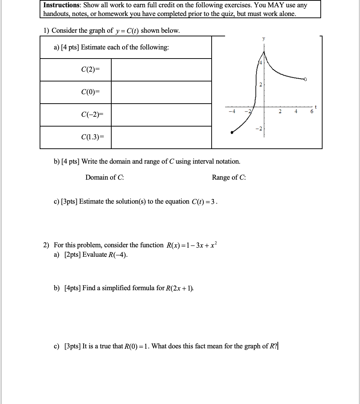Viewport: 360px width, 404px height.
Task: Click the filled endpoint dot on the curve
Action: [232, 133]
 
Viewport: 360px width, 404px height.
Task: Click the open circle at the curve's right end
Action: [305, 79]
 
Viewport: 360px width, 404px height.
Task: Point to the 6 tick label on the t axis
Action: [312, 112]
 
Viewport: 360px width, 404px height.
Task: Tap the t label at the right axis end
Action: [316, 107]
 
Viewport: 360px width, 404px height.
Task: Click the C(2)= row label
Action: [90, 70]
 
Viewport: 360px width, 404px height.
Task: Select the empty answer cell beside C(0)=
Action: [161, 92]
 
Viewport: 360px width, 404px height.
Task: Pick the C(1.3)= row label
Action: [92, 137]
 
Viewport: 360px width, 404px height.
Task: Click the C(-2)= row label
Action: [92, 115]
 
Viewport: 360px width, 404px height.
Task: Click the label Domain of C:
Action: [105, 177]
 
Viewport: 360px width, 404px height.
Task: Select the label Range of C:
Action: [229, 177]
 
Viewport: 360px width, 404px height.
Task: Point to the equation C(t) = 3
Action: [204, 202]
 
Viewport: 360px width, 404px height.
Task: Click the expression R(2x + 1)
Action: [180, 288]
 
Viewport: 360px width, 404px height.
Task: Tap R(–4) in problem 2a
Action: [118, 255]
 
